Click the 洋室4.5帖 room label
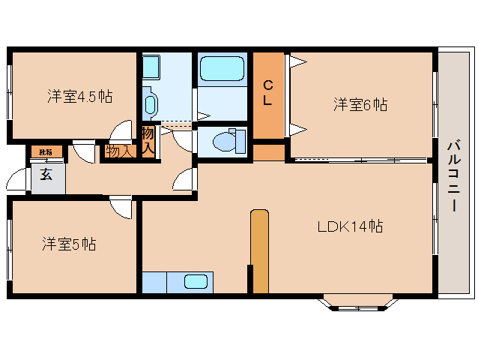pos(80,96)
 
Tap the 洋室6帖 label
pos(360,105)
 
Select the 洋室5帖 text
pos(68,244)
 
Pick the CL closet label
pos(267,94)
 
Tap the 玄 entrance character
pos(46,175)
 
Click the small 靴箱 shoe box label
pos(46,152)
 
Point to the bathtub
pos(223,71)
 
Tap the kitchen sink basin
pos(196,282)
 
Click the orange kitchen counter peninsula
pos(259,251)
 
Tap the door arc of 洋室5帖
pos(119,208)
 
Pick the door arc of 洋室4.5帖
pos(119,131)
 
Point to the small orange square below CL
pos(268,152)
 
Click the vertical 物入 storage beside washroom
pos(148,142)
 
